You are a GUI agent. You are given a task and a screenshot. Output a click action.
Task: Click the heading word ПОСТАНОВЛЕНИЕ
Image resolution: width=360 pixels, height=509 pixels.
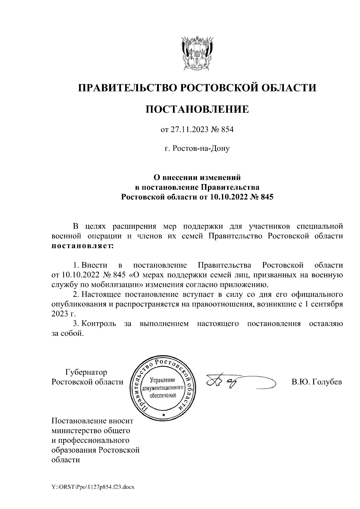(197, 109)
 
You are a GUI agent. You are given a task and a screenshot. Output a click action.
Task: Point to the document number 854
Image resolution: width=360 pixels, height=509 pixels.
(227, 130)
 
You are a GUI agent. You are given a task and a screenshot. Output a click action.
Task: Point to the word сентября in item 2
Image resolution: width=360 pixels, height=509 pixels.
(326, 303)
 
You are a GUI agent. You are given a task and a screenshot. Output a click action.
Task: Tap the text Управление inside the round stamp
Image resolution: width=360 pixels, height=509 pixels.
(162, 380)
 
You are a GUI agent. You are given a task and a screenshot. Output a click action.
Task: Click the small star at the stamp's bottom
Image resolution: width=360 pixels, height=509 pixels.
(163, 415)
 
